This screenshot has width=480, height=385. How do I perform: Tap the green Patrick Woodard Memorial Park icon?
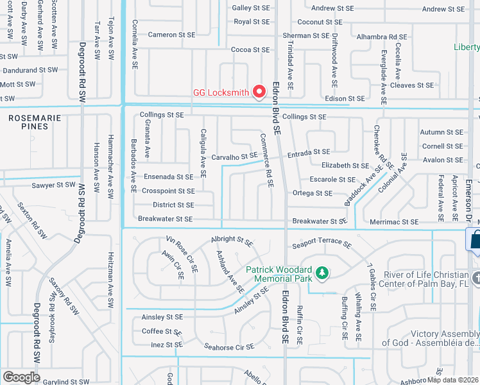[321, 275]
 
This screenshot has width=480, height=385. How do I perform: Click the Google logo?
[21, 377]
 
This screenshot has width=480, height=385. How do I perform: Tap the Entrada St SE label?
[308, 152]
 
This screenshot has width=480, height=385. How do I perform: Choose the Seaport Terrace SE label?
[321, 244]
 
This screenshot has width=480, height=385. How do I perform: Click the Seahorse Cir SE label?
[228, 346]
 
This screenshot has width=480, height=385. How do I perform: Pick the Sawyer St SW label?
[54, 185]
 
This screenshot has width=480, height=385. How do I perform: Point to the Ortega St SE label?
[312, 193]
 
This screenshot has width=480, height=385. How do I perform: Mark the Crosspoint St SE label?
[168, 191]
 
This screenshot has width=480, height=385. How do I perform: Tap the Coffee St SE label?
[162, 331]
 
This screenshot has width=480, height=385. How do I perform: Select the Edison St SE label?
[345, 98]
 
